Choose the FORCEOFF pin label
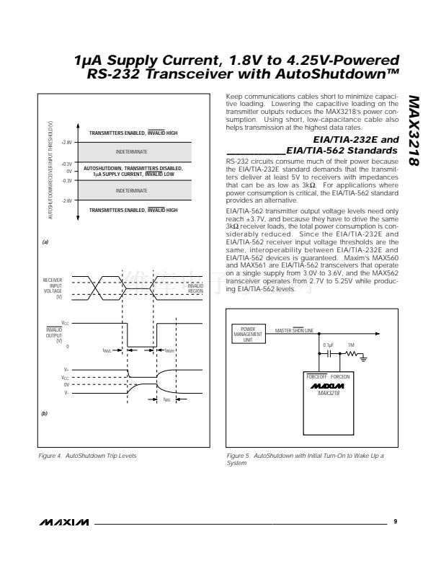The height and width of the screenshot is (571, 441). [316, 376]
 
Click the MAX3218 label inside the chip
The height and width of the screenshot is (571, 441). [329, 394]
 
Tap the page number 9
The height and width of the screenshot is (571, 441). [396, 520]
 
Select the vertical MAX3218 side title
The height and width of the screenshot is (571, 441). [414, 129]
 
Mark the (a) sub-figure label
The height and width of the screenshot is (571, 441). [46, 243]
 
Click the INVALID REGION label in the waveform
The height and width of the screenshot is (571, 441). [195, 288]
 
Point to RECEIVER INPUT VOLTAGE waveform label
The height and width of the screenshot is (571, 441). [53, 288]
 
